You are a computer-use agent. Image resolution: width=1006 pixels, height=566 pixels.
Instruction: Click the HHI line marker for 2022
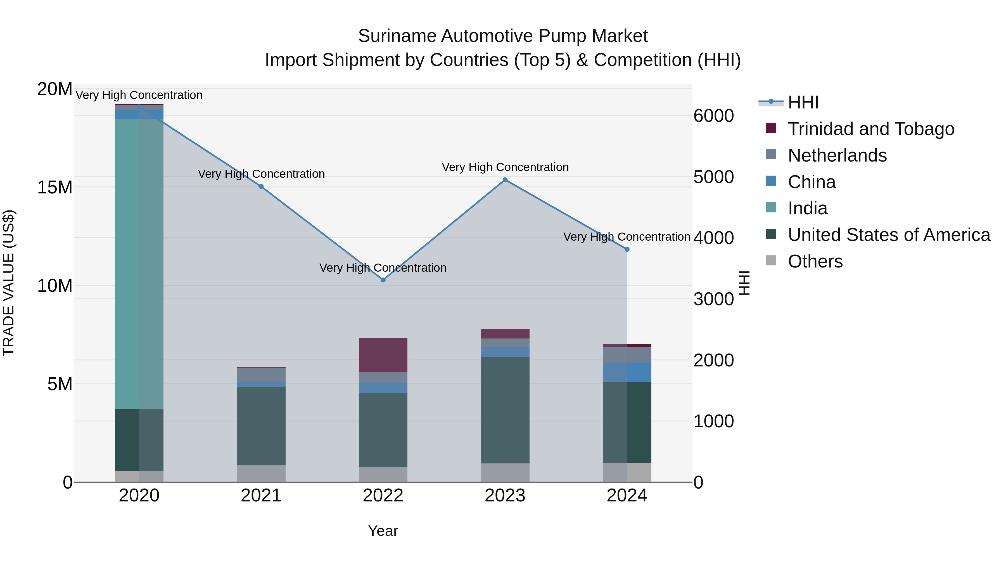click(x=383, y=280)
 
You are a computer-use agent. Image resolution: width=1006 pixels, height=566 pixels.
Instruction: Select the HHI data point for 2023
click(x=505, y=180)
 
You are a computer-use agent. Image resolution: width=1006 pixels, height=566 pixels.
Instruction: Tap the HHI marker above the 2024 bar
click(x=627, y=249)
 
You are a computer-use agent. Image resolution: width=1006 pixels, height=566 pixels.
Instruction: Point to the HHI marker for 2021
click(x=261, y=186)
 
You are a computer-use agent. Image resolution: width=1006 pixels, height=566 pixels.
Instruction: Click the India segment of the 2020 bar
click(x=139, y=264)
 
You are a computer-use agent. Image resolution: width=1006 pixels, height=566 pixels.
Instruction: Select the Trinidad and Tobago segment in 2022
click(x=383, y=355)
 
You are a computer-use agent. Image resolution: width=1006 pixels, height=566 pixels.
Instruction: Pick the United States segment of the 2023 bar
click(x=505, y=410)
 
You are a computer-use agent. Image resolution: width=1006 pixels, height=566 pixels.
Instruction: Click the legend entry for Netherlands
click(x=837, y=155)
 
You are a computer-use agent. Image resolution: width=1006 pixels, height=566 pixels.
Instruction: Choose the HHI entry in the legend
click(x=803, y=102)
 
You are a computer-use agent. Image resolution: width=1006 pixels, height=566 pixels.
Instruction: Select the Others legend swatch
click(x=771, y=260)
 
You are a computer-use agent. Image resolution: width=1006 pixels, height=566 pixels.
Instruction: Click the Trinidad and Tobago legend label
click(x=871, y=129)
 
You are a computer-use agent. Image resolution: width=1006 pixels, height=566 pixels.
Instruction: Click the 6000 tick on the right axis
click(x=713, y=116)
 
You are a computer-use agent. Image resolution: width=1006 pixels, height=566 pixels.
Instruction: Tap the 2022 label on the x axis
click(x=383, y=496)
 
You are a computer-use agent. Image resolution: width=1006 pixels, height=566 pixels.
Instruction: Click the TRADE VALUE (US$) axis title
click(x=9, y=283)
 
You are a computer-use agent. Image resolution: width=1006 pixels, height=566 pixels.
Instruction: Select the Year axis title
click(x=383, y=531)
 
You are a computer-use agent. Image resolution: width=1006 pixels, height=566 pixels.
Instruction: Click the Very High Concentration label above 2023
click(x=505, y=167)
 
